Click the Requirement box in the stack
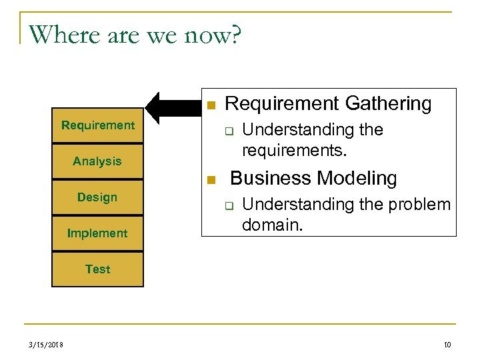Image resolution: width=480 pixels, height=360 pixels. click(97, 125)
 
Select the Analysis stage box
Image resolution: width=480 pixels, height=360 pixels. click(97, 161)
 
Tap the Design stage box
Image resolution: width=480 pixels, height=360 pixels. click(97, 197)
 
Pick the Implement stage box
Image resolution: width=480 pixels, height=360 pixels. click(97, 233)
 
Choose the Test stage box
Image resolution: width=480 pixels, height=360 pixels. click(97, 269)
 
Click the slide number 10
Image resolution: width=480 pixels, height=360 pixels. click(447, 345)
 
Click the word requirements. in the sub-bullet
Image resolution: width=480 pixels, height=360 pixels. click(294, 150)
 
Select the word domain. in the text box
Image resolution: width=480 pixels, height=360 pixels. click(272, 225)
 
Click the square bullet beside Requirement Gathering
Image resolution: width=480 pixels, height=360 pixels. click(210, 105)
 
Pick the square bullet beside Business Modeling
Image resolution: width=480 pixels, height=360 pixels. click(210, 180)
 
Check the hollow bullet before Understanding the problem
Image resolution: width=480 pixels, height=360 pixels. click(227, 206)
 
